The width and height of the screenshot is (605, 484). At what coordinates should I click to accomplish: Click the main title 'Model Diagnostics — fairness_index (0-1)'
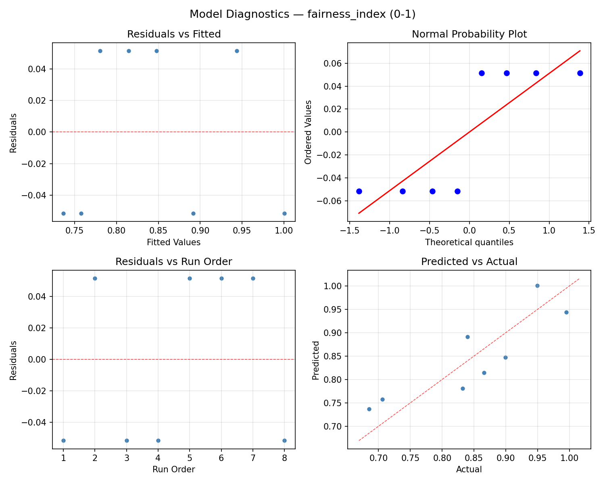click(x=302, y=14)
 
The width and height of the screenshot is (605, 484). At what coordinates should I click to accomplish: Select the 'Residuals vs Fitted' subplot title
click(x=174, y=34)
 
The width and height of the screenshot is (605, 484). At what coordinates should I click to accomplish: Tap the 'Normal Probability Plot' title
click(x=469, y=34)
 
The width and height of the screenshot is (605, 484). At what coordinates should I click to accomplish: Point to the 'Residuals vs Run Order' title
click(x=174, y=262)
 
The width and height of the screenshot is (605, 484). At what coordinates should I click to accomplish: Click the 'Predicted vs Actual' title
click(x=469, y=262)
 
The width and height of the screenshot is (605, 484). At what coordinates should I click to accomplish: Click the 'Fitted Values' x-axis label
click(x=174, y=242)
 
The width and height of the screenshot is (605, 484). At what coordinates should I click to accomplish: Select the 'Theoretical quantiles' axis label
click(x=469, y=242)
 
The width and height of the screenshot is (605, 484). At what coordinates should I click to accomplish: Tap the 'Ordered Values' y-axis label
click(x=309, y=132)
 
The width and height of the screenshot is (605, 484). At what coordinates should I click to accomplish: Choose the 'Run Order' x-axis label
click(x=174, y=469)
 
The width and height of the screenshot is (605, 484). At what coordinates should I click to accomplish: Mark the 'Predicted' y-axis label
click(x=316, y=360)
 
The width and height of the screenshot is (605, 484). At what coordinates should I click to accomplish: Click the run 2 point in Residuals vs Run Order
click(x=95, y=278)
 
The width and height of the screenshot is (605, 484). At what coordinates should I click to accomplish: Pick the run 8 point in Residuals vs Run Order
click(x=284, y=440)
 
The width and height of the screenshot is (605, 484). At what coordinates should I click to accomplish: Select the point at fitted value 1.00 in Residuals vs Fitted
click(x=284, y=213)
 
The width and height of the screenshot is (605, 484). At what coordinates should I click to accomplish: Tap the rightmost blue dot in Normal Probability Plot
click(x=580, y=73)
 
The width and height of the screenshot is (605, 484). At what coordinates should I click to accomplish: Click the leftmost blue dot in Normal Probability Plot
click(x=359, y=191)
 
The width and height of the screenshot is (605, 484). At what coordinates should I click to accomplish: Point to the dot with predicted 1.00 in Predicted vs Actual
click(x=537, y=286)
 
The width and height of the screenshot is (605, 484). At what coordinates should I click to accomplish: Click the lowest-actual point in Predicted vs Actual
click(x=369, y=409)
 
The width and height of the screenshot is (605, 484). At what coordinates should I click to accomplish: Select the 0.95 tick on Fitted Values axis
click(x=242, y=230)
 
